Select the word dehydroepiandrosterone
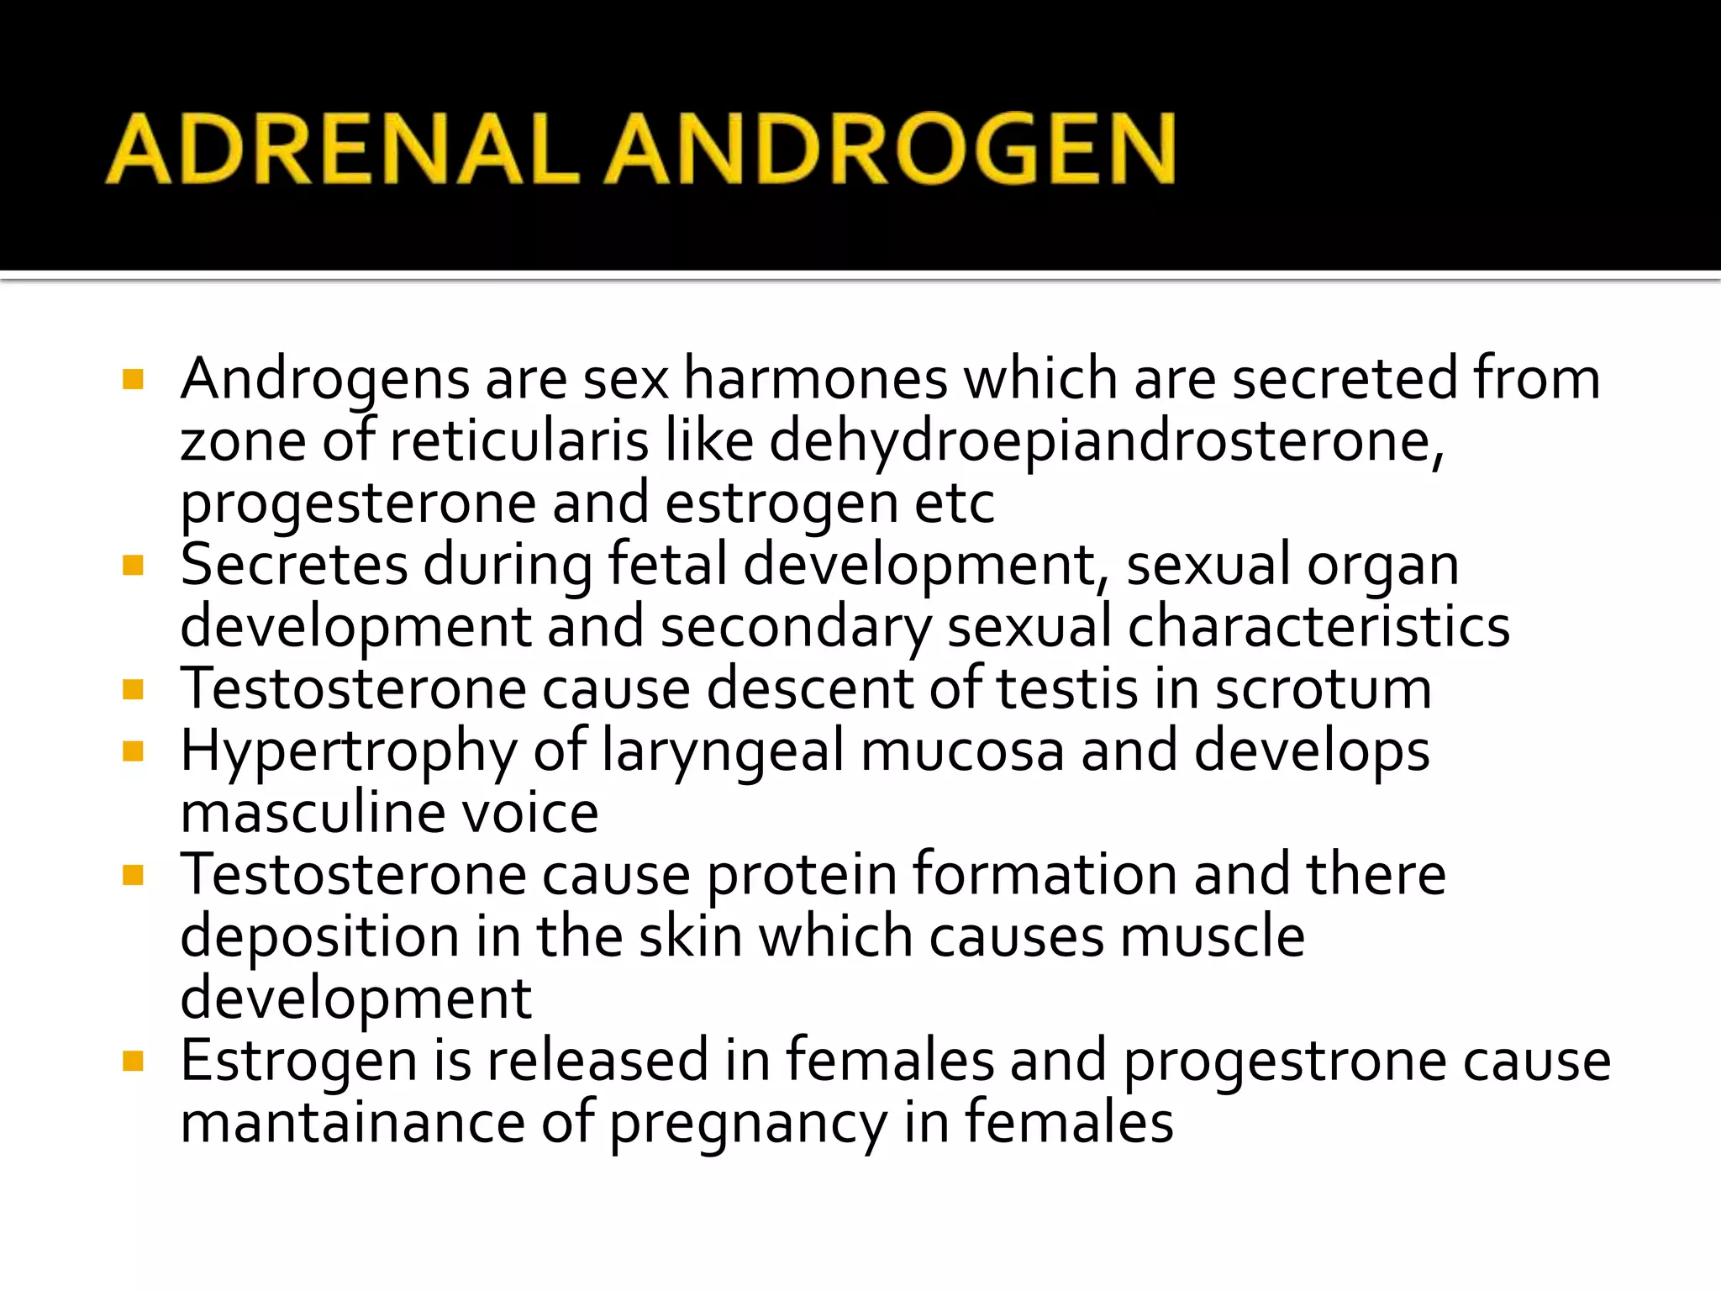(1106, 440)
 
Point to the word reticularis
(518, 440)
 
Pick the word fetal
(667, 565)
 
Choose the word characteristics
(1318, 627)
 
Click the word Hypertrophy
(349, 751)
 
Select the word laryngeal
(723, 751)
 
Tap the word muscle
(1213, 936)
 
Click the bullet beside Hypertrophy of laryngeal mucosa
(133, 750)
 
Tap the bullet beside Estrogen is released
(133, 1061)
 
